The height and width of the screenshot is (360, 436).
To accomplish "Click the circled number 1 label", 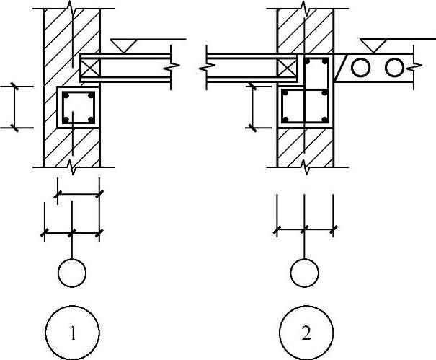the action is pos(71,333).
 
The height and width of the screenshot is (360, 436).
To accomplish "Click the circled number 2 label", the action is pos(306,333).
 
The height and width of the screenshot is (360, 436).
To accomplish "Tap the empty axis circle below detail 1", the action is pos(71,273).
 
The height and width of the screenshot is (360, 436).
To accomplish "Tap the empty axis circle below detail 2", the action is pos(304,273).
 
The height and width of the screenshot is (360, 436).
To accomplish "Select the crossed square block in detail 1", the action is pos(91,68).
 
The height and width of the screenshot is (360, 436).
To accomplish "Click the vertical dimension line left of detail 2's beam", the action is pos(252,107).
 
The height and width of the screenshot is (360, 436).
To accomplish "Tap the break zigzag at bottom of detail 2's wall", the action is pos(305,168).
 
